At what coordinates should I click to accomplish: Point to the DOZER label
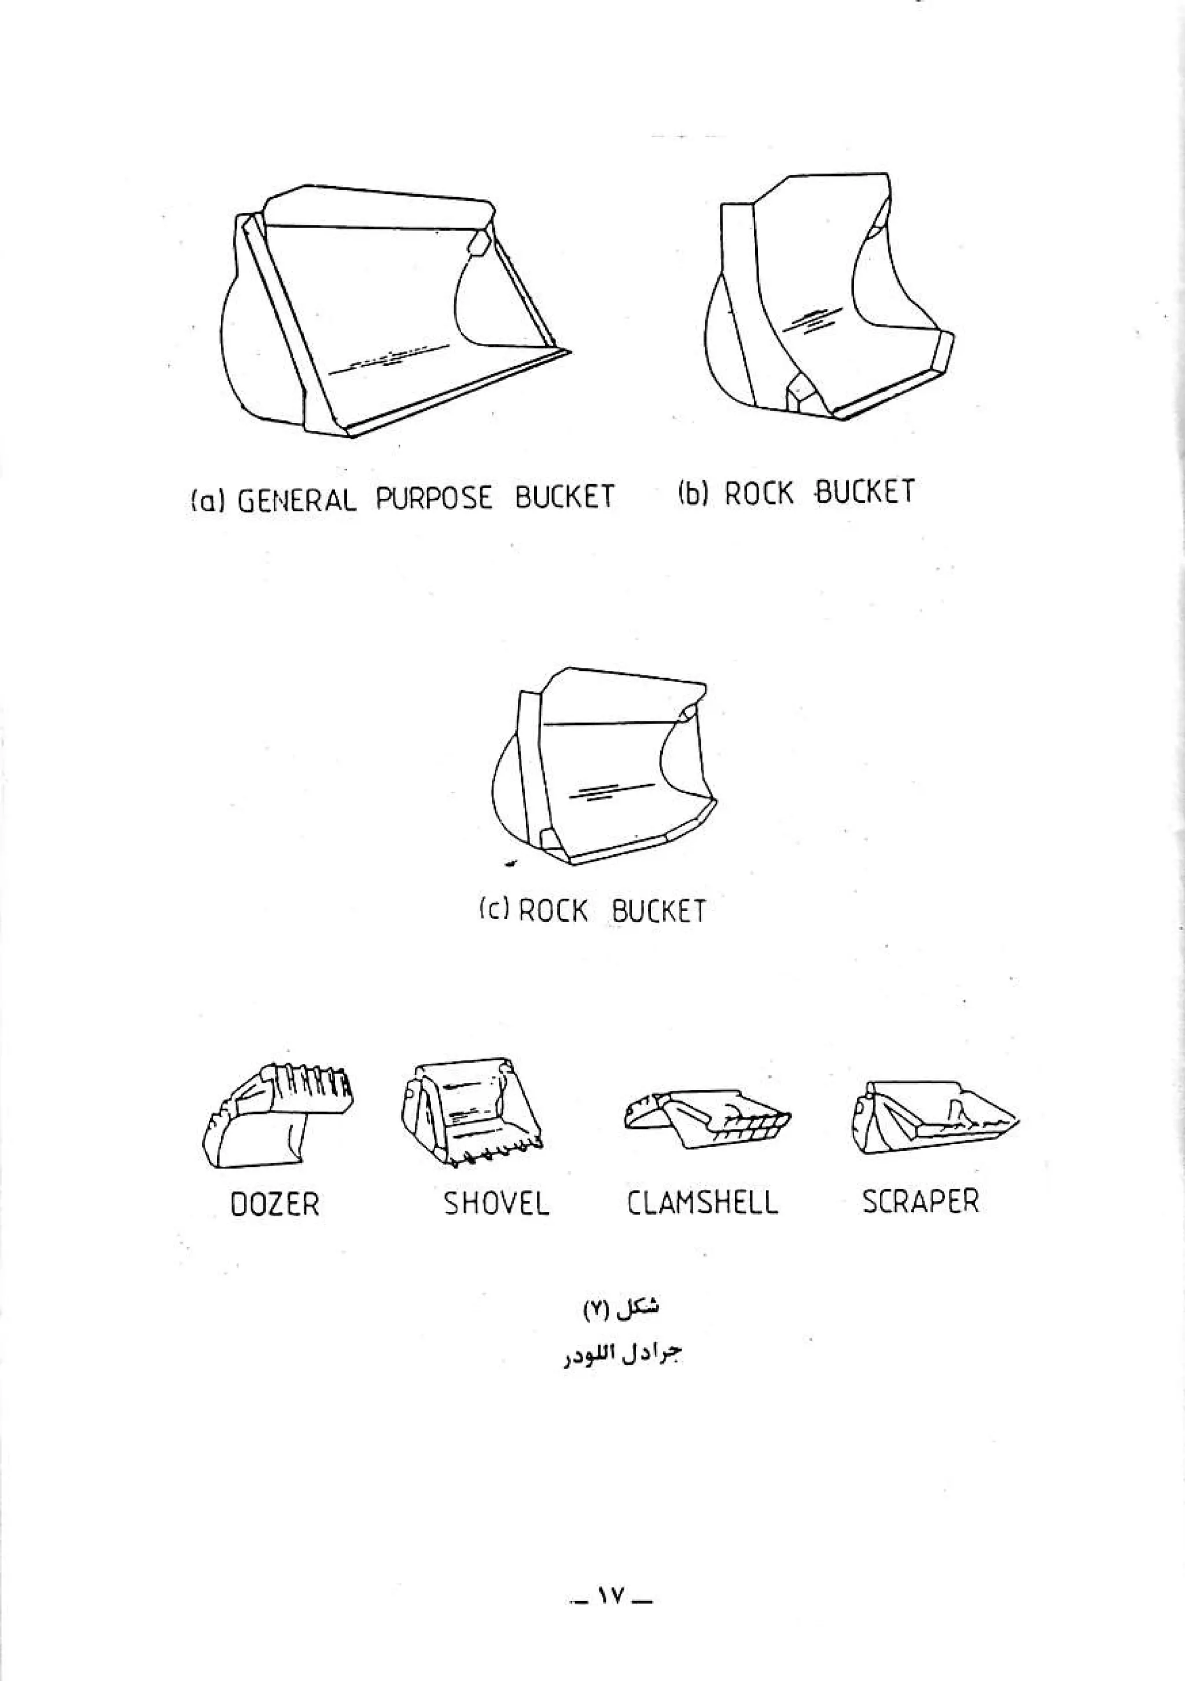[x=275, y=1204]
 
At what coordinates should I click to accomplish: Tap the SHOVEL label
[x=496, y=1203]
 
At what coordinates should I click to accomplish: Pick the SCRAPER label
[x=920, y=1201]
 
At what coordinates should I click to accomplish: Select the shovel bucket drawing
[x=472, y=1111]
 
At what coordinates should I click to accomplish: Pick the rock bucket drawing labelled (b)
[x=827, y=297]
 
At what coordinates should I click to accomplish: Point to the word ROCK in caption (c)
[x=553, y=911]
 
